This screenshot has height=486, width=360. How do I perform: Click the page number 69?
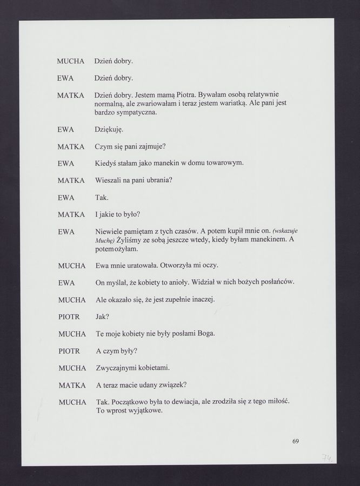pyautogui.click(x=296, y=441)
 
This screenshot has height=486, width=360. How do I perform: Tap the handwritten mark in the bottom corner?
pyautogui.click(x=326, y=458)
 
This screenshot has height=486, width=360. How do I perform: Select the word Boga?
pyautogui.click(x=205, y=333)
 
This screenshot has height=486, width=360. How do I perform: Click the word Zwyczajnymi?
pyautogui.click(x=118, y=368)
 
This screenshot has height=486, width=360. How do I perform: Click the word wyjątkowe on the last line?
pyautogui.click(x=142, y=411)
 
